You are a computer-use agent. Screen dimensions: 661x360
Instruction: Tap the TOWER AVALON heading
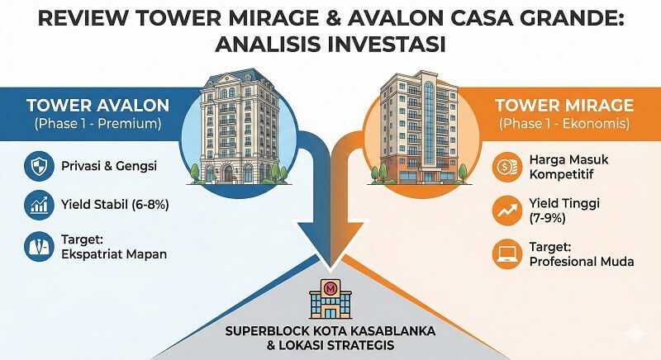point(98,105)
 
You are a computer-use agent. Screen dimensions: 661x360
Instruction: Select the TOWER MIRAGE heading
point(564,105)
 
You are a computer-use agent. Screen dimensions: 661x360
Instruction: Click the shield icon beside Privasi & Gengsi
point(39,166)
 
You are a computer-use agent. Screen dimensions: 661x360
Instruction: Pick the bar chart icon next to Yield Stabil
point(39,205)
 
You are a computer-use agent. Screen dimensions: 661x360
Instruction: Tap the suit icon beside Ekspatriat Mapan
point(39,246)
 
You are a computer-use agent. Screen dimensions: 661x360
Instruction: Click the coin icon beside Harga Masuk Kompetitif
point(506,167)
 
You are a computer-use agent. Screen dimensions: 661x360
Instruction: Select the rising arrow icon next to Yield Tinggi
point(506,211)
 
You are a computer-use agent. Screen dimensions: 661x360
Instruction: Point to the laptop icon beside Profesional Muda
point(506,253)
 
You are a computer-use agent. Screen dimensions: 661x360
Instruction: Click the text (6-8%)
point(150,205)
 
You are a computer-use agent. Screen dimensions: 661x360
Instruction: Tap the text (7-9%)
point(547,218)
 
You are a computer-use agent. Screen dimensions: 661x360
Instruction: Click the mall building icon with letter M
point(330,298)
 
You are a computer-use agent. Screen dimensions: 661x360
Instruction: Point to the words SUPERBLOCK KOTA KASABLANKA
point(330,330)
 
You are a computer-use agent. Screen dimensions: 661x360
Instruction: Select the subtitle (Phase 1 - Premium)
point(97,124)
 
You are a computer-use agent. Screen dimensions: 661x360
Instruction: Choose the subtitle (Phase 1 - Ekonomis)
point(564,124)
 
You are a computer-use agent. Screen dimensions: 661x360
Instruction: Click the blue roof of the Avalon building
point(239,78)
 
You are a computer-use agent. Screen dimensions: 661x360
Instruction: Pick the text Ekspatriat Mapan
point(114,254)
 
